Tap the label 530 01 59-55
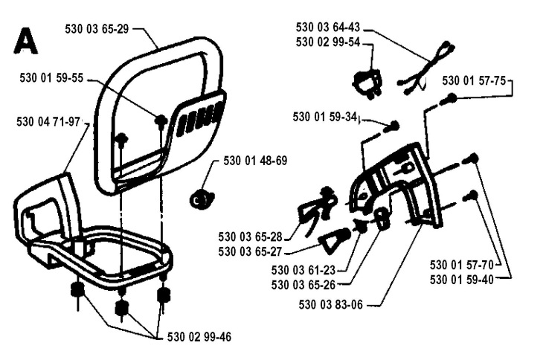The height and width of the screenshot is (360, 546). pyautogui.click(x=48, y=77)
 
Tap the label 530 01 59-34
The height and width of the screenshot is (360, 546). pyautogui.click(x=325, y=117)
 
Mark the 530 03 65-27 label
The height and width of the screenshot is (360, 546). pyautogui.click(x=249, y=251)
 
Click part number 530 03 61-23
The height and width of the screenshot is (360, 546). pyautogui.click(x=303, y=270)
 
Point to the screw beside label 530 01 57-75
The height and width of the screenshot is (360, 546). pyautogui.click(x=448, y=99)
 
